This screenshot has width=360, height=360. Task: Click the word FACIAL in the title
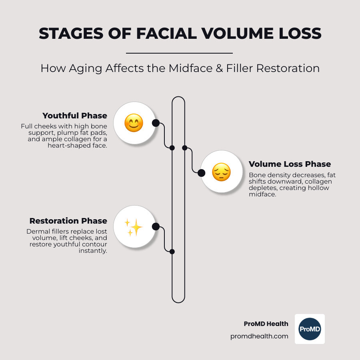167,34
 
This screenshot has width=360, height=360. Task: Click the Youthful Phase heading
75,116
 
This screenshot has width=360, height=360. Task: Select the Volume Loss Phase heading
290,164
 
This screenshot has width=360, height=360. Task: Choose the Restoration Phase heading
68,221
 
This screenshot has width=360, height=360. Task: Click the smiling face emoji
134,123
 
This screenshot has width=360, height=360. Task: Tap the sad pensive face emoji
221,172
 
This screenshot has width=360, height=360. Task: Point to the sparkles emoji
134,227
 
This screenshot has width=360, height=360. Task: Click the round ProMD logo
310,329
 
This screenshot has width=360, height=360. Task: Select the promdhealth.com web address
259,336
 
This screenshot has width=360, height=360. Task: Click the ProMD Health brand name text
266,324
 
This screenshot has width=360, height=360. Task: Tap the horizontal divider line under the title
179,53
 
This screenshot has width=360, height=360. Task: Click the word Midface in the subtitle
190,68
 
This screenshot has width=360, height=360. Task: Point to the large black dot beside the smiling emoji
156,123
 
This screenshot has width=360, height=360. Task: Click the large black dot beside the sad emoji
201,173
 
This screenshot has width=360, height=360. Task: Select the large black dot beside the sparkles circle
156,227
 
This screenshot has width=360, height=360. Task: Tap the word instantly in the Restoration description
93,251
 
